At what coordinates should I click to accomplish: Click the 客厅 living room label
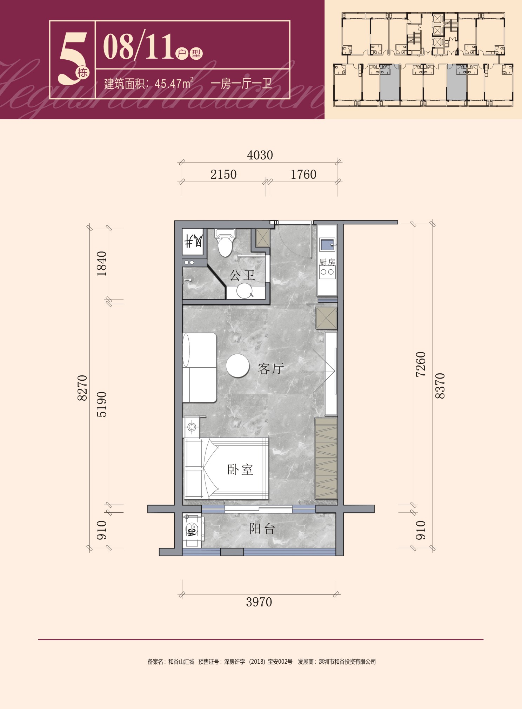pyautogui.click(x=270, y=369)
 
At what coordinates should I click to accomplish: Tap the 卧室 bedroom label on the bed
pyautogui.click(x=240, y=470)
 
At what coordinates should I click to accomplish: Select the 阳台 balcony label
pyautogui.click(x=262, y=529)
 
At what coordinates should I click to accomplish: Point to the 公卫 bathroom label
pyautogui.click(x=242, y=275)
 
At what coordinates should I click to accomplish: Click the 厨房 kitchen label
pyautogui.click(x=327, y=262)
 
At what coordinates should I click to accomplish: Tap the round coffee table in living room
pyautogui.click(x=237, y=366)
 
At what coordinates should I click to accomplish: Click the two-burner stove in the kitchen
pyautogui.click(x=327, y=272)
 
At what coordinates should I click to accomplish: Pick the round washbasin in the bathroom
pyautogui.click(x=244, y=291)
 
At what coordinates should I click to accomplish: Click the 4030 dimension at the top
pyautogui.click(x=260, y=155)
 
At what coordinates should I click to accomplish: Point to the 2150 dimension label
pyautogui.click(x=223, y=175)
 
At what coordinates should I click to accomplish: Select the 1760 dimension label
pyautogui.click(x=303, y=175)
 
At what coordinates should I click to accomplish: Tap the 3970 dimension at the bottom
pyautogui.click(x=259, y=602)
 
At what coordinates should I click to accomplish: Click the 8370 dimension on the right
pyautogui.click(x=440, y=386)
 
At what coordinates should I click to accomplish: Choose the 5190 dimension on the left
pyautogui.click(x=102, y=404)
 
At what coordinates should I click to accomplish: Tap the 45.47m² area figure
pyautogui.click(x=174, y=84)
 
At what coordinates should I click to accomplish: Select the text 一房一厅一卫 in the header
pyautogui.click(x=241, y=84)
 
